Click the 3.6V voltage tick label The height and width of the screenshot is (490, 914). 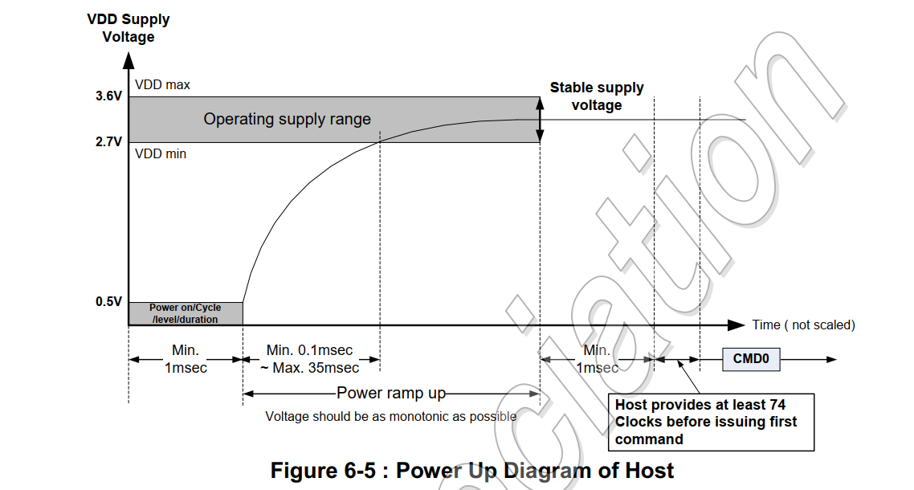coord(108,96)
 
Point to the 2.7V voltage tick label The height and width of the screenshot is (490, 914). coord(108,142)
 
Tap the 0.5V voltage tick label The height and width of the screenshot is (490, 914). coord(108,302)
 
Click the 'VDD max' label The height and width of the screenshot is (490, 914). coord(162,84)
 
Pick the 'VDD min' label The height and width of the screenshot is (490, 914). coord(161,153)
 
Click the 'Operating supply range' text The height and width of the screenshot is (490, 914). coord(287,119)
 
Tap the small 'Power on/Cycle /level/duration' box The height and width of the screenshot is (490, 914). coord(186,313)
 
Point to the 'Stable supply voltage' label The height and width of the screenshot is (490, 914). coord(596,96)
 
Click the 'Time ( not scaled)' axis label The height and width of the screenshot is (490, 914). coord(803,325)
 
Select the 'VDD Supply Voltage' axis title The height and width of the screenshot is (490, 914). coord(129,28)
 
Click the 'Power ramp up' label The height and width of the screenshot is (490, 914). coord(390,393)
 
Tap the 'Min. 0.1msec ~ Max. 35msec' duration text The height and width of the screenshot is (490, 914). coord(310,359)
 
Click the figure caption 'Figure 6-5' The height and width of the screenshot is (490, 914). coord(472,470)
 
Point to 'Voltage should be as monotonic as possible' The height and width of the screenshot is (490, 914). coord(391,416)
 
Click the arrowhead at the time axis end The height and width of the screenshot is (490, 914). coord(737,325)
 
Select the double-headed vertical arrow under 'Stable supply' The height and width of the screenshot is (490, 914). coord(540,119)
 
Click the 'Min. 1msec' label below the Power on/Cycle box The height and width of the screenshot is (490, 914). coord(186,359)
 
